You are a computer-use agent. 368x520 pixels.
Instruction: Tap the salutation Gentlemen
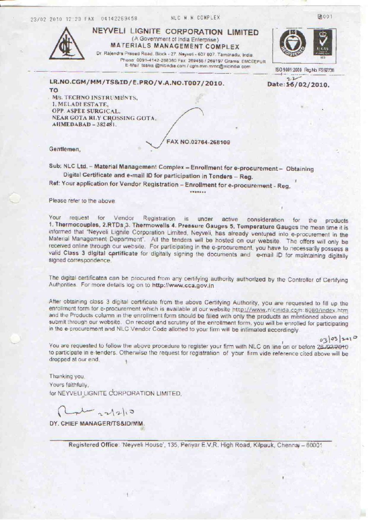pyautogui.click(x=65, y=149)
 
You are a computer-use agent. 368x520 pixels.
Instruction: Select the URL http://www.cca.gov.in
pyautogui.click(x=183, y=286)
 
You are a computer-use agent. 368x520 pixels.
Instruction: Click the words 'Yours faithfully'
pyautogui.click(x=69, y=385)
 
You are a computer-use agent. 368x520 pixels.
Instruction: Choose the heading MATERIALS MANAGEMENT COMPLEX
pyautogui.click(x=175, y=47)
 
